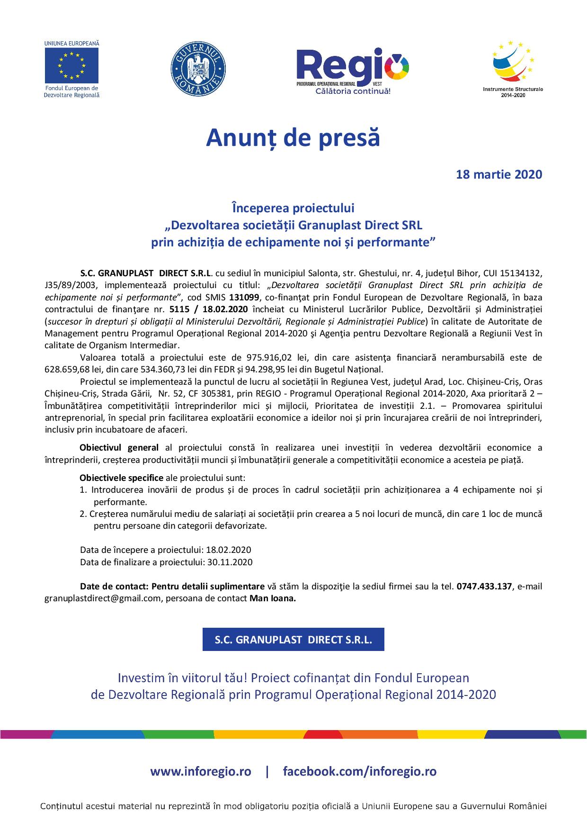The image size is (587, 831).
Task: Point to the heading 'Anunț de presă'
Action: [293, 138]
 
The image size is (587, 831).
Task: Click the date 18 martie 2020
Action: [498, 175]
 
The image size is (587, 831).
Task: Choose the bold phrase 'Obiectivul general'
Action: [119, 448]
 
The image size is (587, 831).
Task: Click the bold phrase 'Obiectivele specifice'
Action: [121, 478]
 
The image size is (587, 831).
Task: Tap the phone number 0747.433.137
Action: [484, 586]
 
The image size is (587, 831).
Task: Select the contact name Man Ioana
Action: [272, 598]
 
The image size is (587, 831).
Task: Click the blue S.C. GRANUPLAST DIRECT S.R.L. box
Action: [293, 640]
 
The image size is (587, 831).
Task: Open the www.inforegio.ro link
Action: [201, 771]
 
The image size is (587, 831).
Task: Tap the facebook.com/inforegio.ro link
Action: [360, 771]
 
